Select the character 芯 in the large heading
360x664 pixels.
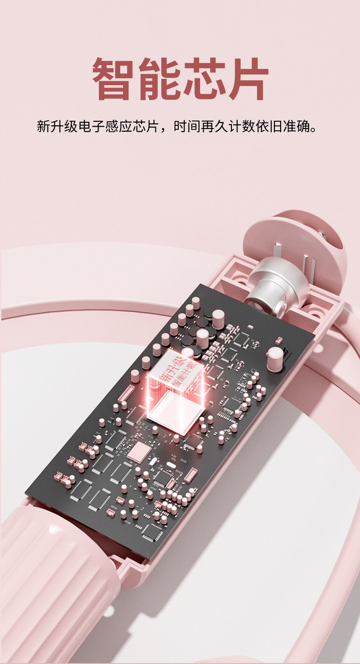203,78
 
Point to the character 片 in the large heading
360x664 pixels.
248,78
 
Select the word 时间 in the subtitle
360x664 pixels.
187,126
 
